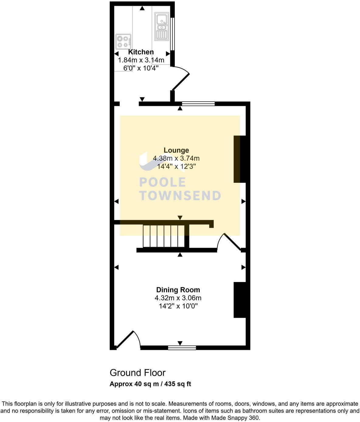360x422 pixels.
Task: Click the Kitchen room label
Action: (x=141, y=52)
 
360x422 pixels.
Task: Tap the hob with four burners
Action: (x=123, y=42)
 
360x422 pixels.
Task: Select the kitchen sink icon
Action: (x=161, y=26)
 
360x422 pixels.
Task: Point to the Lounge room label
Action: (x=176, y=150)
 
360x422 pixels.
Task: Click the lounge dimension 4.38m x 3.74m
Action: (x=176, y=158)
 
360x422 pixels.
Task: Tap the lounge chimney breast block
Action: (x=240, y=159)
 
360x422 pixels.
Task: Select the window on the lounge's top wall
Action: (x=198, y=104)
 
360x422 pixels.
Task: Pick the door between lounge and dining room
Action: (x=231, y=242)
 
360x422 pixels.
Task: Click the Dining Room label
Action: (x=178, y=290)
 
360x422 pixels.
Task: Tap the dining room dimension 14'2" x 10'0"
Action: (x=178, y=306)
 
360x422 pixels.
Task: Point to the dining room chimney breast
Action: (x=240, y=300)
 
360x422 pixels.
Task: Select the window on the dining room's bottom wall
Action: (x=182, y=347)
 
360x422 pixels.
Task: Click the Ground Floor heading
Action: (x=137, y=373)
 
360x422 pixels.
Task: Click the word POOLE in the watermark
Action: (x=162, y=182)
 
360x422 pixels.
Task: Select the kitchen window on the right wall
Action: (x=172, y=34)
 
